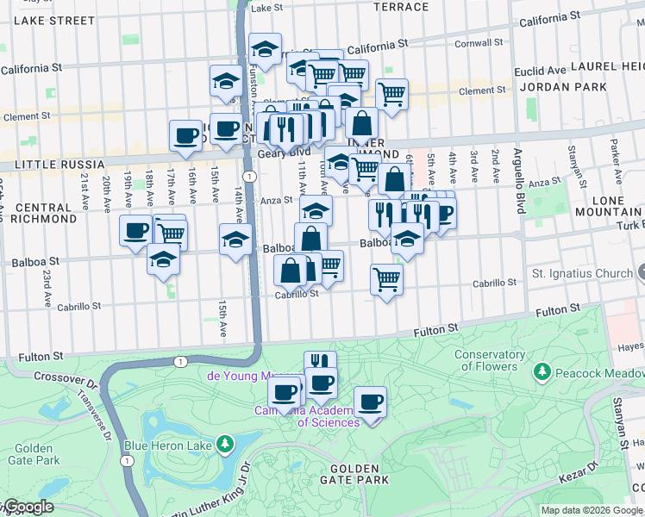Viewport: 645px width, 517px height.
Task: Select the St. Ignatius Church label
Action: tap(582, 274)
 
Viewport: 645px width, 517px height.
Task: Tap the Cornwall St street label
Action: tap(478, 42)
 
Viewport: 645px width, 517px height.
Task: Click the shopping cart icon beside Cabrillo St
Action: tap(386, 278)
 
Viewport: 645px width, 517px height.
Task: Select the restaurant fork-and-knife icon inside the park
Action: tap(320, 362)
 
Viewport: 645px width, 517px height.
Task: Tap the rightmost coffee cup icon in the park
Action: tap(370, 402)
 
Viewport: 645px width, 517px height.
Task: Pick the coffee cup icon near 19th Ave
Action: tap(135, 230)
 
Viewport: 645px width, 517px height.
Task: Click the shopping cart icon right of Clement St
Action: tap(391, 92)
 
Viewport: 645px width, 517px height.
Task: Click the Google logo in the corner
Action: tap(28, 507)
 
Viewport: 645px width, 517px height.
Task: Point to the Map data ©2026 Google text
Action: tap(591, 510)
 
